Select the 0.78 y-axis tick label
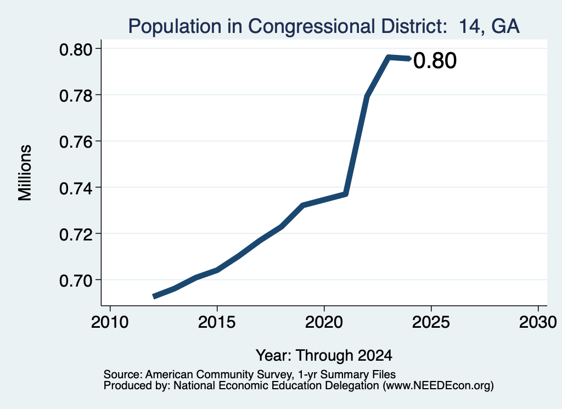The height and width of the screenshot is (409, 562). click(x=76, y=96)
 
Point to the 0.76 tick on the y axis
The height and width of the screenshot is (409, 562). click(x=76, y=142)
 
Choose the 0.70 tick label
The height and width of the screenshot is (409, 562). click(x=76, y=281)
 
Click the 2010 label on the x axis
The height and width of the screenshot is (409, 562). click(x=110, y=322)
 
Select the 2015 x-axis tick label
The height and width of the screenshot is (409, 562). click(x=217, y=322)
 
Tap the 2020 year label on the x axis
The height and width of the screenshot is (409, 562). click(x=324, y=322)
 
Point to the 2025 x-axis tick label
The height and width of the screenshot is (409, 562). click(x=431, y=322)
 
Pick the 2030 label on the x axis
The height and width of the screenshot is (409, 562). click(x=538, y=322)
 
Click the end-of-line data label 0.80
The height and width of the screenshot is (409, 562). click(x=435, y=60)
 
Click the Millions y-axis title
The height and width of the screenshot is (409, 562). click(x=25, y=173)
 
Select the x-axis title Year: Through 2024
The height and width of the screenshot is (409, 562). click(x=324, y=355)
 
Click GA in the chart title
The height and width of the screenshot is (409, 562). click(x=505, y=26)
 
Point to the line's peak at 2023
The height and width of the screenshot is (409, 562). click(x=388, y=57)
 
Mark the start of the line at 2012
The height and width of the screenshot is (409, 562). click(x=154, y=296)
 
